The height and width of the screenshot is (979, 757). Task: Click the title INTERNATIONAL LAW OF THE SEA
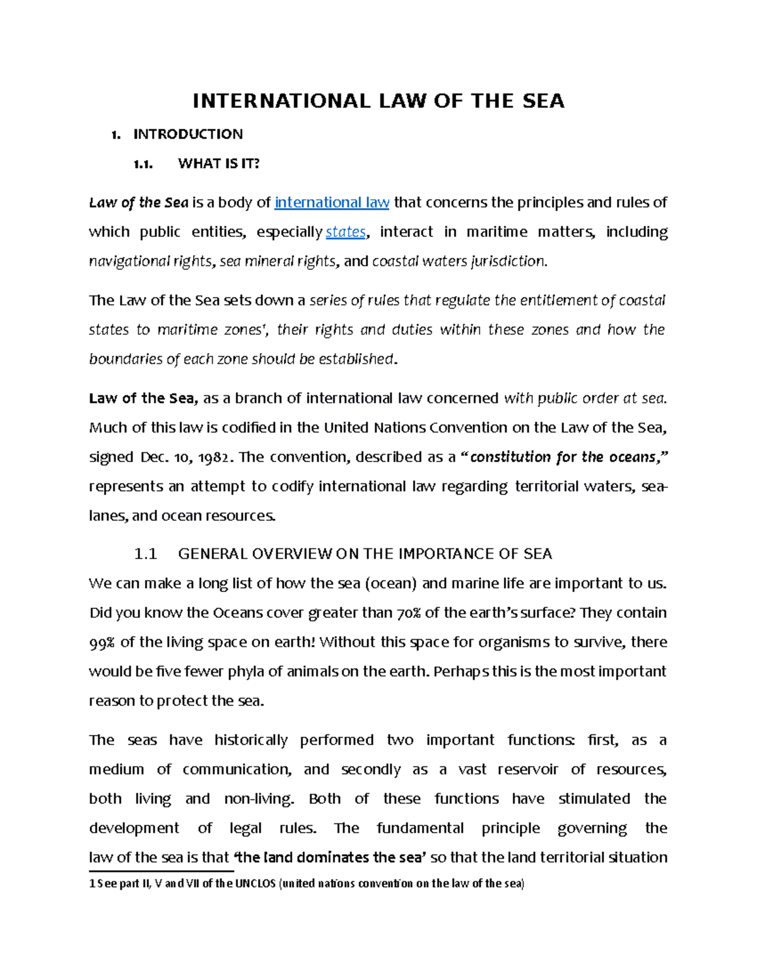coord(378,101)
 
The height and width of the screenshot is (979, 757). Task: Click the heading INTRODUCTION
coord(187,134)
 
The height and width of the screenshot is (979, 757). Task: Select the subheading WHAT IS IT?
coord(218,164)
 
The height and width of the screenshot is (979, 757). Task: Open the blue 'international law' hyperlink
coord(332,202)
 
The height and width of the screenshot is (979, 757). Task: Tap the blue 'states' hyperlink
coord(345,232)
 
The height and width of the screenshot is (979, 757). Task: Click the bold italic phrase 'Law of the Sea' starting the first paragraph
coord(139,202)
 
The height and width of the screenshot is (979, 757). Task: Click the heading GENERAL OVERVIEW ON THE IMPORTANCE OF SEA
coord(365,554)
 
